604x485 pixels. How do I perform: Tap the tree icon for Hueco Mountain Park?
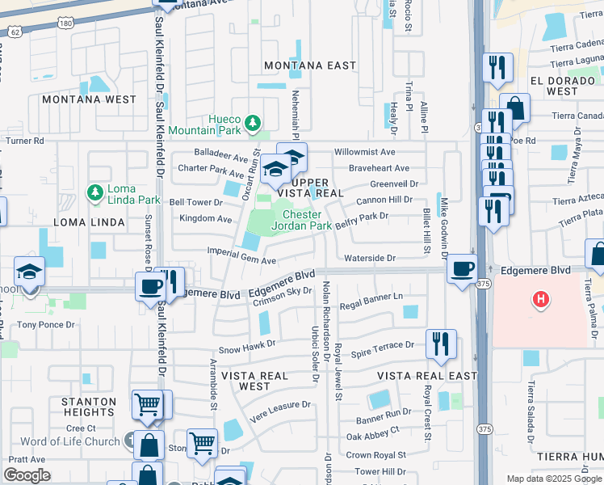point(254,123)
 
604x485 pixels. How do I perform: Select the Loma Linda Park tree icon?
point(94,192)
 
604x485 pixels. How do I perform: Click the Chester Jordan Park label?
point(307,221)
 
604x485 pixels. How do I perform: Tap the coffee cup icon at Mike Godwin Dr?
point(462,269)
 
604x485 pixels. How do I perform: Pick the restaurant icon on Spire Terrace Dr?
point(441,343)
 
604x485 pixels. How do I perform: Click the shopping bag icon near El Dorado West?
point(514,107)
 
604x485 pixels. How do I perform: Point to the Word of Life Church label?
point(69,441)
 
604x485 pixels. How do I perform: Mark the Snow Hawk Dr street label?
point(247,343)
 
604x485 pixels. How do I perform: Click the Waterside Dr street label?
point(370,259)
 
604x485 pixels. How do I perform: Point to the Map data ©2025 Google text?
point(553,479)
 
